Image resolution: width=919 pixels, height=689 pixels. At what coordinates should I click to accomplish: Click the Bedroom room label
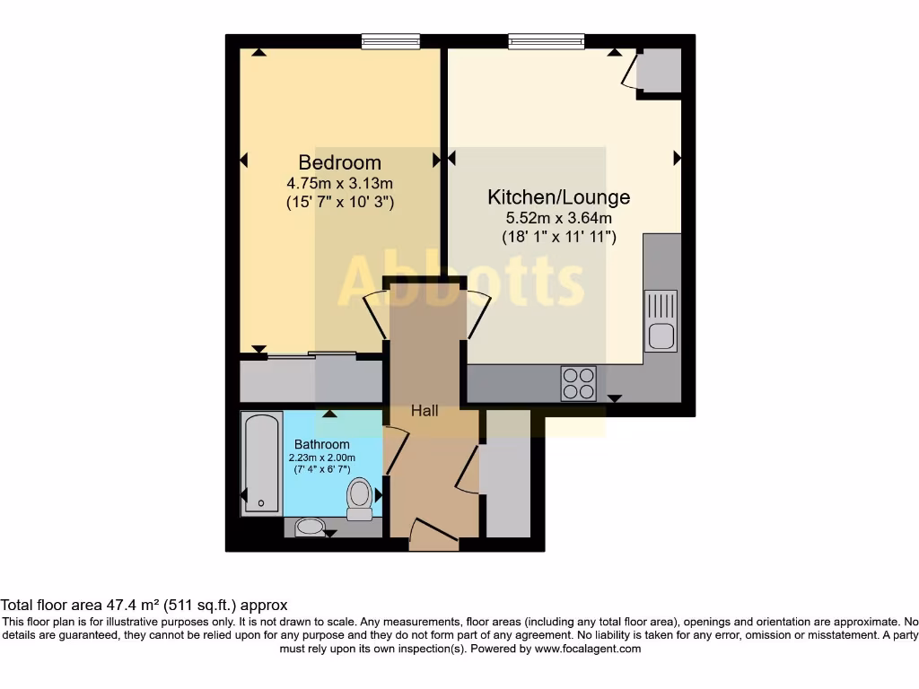click(x=339, y=162)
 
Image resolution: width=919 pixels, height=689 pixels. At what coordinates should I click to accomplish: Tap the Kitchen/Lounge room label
click(x=558, y=196)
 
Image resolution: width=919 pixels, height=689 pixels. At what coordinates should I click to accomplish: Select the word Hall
click(x=424, y=411)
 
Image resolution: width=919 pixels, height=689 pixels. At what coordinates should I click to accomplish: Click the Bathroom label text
click(x=322, y=444)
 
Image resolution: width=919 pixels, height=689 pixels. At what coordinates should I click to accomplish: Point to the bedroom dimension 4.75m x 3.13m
click(x=339, y=184)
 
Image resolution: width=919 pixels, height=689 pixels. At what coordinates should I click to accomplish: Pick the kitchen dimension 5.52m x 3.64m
click(x=558, y=218)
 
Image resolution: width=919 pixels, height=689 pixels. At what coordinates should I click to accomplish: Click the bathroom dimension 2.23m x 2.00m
click(x=322, y=458)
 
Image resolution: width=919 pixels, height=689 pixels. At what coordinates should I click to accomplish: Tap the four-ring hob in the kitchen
click(x=579, y=383)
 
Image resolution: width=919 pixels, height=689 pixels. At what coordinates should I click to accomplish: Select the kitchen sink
click(x=661, y=322)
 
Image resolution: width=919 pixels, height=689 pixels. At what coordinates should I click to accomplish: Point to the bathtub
click(x=262, y=463)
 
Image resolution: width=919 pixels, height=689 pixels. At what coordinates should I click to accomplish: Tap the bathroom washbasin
click(x=311, y=527)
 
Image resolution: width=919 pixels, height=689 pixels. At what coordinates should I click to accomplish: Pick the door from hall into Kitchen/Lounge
click(x=477, y=314)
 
